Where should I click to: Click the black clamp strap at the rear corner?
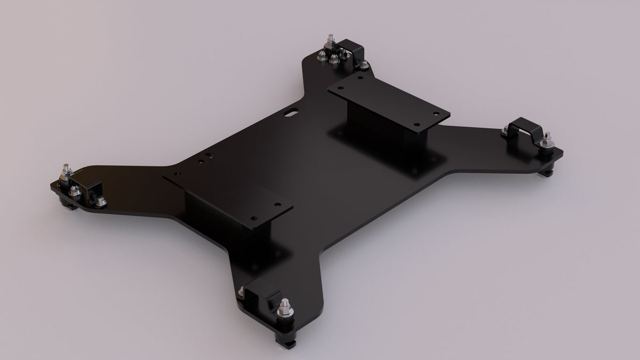pos(353,51)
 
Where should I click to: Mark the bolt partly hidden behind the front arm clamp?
pos(243,291)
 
